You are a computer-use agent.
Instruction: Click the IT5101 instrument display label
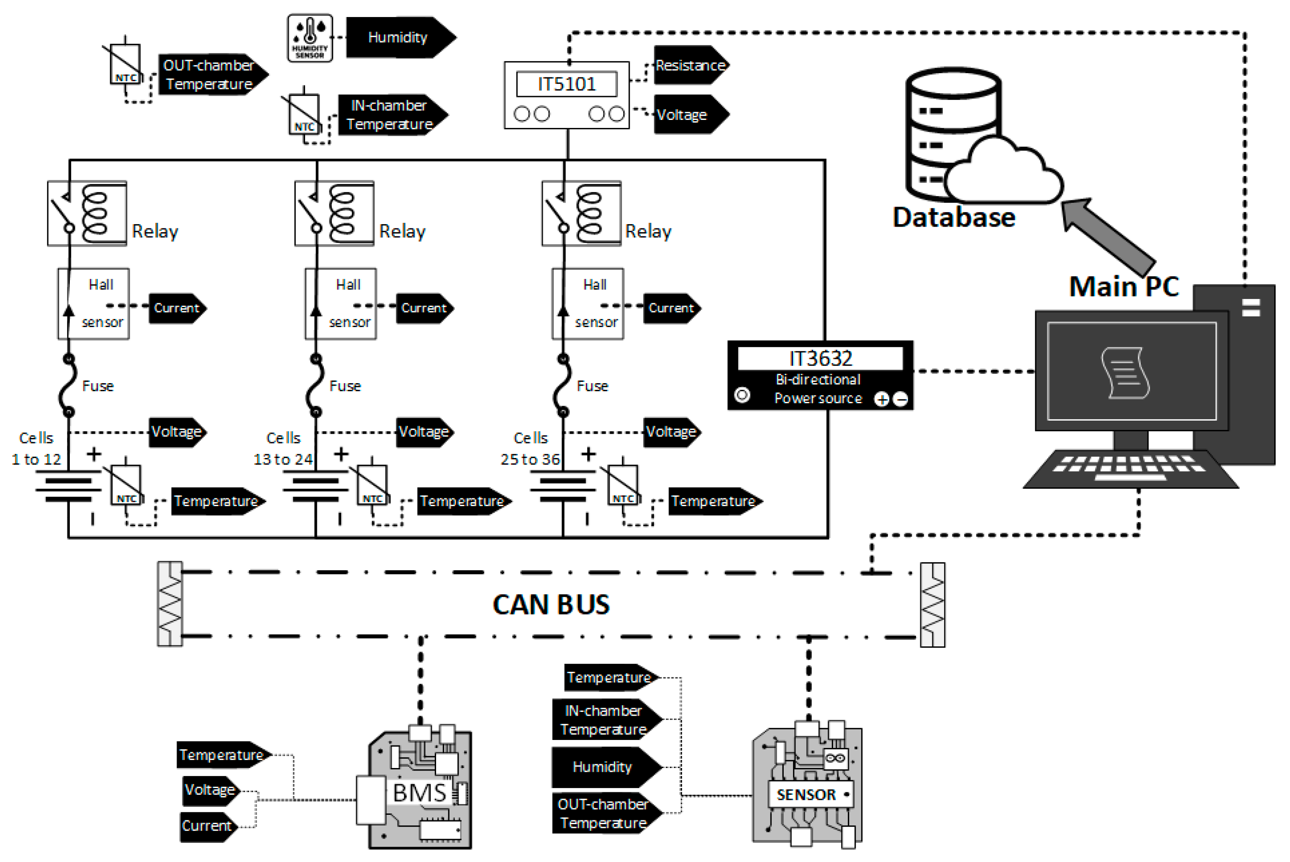pyautogui.click(x=566, y=84)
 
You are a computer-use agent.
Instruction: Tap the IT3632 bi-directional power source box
pyautogui.click(x=820, y=376)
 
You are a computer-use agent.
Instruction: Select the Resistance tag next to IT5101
pyautogui.click(x=690, y=65)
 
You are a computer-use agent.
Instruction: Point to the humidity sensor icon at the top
pyautogui.click(x=310, y=38)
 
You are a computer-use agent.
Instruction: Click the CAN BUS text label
pyautogui.click(x=551, y=605)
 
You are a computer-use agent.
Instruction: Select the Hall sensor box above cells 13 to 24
pyautogui.click(x=341, y=304)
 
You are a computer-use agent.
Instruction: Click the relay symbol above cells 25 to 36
pyautogui.click(x=581, y=213)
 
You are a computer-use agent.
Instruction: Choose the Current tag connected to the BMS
pyautogui.click(x=208, y=826)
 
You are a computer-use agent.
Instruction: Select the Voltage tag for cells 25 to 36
pyautogui.click(x=671, y=432)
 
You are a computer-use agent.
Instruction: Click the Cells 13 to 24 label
pyautogui.click(x=283, y=449)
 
